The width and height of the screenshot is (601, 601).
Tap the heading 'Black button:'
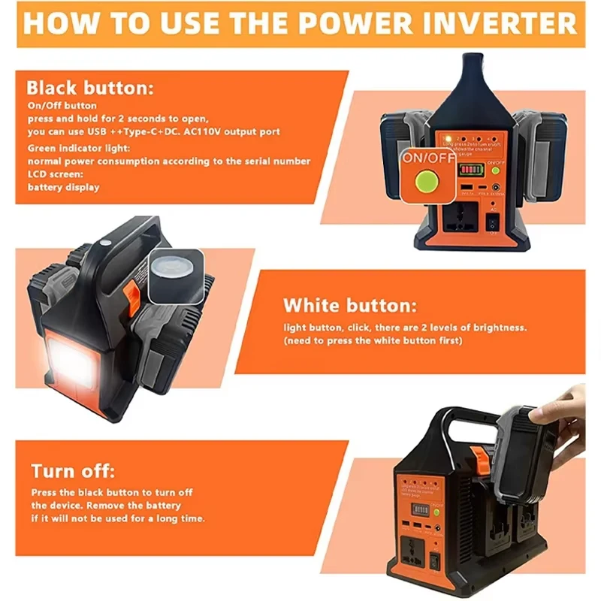coord(89,88)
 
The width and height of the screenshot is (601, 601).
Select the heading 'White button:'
coord(349,306)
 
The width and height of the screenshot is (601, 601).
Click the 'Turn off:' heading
coord(73,471)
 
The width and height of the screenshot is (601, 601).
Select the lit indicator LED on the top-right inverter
coord(446,139)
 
